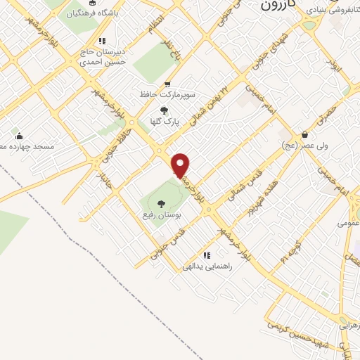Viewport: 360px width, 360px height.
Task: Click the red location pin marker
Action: pyautogui.click(x=181, y=165)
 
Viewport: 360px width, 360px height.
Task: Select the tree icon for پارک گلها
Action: pyautogui.click(x=165, y=110)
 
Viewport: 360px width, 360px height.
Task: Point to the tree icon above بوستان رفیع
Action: pyautogui.click(x=161, y=203)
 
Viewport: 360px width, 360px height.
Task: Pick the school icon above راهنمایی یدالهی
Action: pyautogui.click(x=206, y=255)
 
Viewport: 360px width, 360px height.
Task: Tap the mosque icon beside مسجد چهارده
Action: pyautogui.click(x=18, y=136)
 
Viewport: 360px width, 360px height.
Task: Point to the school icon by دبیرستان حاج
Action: pyautogui.click(x=103, y=40)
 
